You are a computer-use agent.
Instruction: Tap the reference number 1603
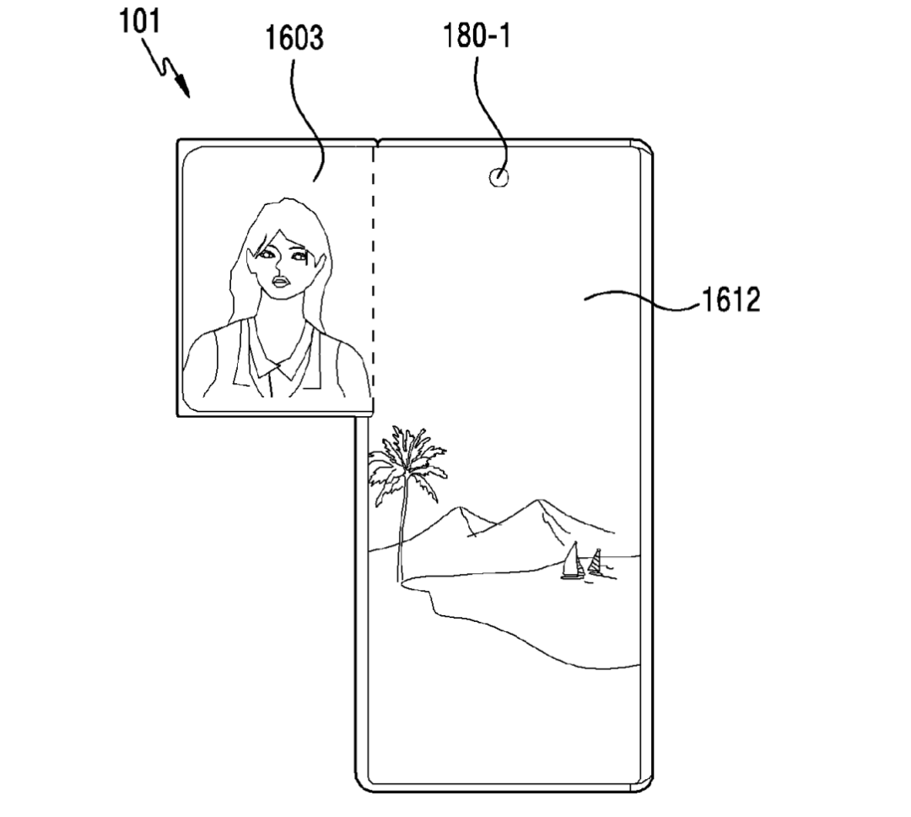[294, 38]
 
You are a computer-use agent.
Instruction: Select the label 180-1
[477, 36]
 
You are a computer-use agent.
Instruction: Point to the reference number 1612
[730, 300]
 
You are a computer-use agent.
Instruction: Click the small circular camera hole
[499, 177]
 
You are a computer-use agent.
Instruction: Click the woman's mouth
[281, 283]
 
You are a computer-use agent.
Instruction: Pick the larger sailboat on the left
[573, 561]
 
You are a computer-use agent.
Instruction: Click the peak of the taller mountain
[541, 500]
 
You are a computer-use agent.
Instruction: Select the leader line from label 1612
[642, 300]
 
